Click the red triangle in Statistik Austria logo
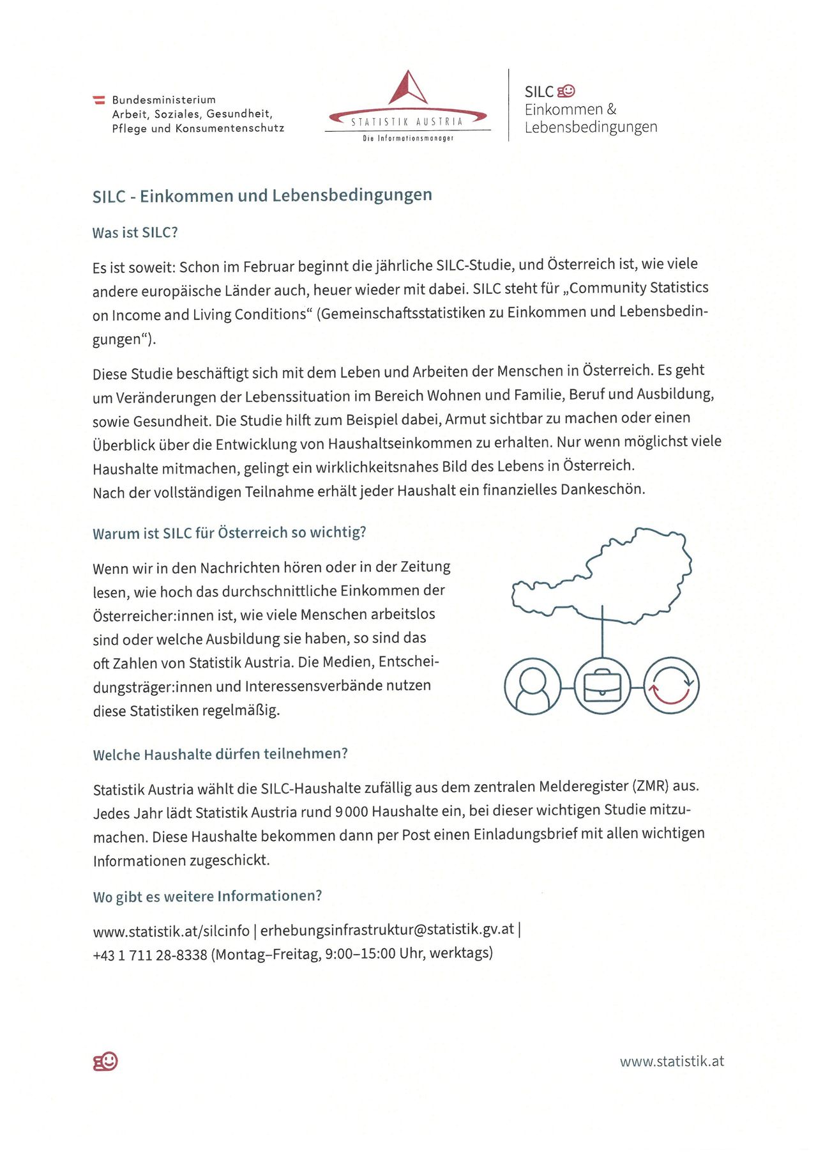pos(407,89)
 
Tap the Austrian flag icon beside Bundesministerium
pos(99,100)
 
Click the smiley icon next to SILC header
pos(566,91)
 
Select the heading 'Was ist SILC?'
pos(135,233)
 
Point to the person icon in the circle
pos(533,686)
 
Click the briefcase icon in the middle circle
pos(602,686)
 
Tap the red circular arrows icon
pos(671,686)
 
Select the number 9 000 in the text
pos(351,812)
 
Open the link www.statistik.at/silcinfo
pos(171,931)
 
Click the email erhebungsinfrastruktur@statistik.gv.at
pos(387,930)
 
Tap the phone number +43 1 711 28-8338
pos(150,955)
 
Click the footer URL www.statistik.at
pos(672,1061)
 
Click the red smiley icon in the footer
pos(105,1061)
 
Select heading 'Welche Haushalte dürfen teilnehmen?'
pos(220,754)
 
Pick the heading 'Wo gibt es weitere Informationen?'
pos(208,896)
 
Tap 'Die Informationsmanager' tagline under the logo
pos(408,138)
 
